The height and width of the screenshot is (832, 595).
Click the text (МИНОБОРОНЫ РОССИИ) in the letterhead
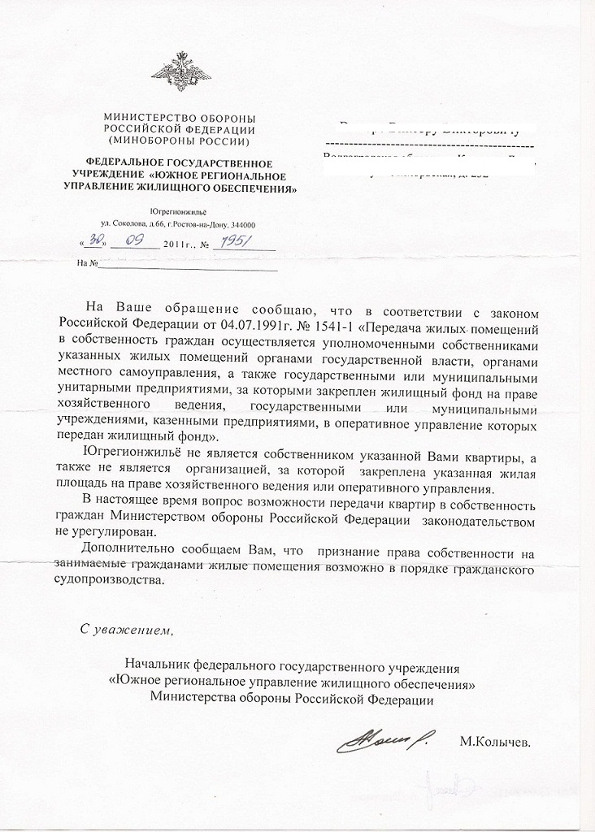(x=180, y=139)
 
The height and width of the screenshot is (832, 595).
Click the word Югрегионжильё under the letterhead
(x=180, y=211)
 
